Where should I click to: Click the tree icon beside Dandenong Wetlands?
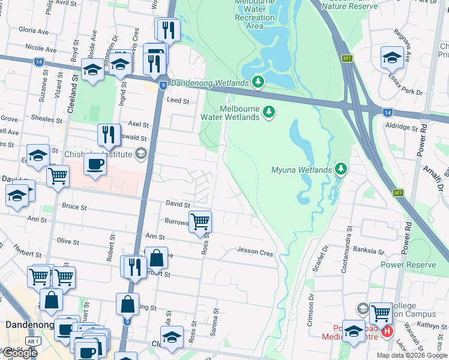coord(258,82)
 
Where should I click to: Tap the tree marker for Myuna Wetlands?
coord(341,169)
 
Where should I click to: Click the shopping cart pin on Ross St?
coord(200,222)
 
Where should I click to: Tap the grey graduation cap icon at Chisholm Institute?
coord(140,153)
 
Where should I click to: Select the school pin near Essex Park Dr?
coord(392,58)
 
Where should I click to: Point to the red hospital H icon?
coord(388,331)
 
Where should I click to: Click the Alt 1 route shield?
coord(34,341)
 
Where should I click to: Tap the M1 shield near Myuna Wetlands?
coord(397,193)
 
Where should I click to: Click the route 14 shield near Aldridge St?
coord(388,112)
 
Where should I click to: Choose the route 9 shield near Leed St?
coord(163,86)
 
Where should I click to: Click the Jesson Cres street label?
coord(255,253)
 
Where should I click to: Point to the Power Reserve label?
coord(408,263)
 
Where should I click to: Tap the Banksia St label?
coord(369,250)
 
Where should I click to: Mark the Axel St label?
coord(137,123)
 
